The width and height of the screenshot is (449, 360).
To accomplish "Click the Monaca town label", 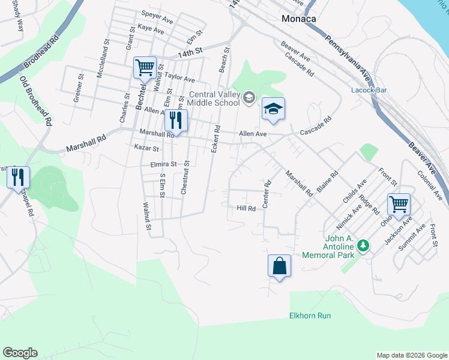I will point(299,19).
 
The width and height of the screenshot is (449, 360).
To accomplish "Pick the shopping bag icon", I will point(279,266).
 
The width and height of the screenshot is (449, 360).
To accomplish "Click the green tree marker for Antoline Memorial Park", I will point(363,245).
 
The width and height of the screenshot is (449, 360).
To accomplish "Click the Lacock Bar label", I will point(367,91).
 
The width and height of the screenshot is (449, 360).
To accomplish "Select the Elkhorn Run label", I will point(310,316).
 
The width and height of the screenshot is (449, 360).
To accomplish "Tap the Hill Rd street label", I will point(246,208).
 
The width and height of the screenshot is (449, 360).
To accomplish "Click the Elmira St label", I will point(163,164).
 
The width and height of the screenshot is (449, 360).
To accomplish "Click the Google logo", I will point(20,353).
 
